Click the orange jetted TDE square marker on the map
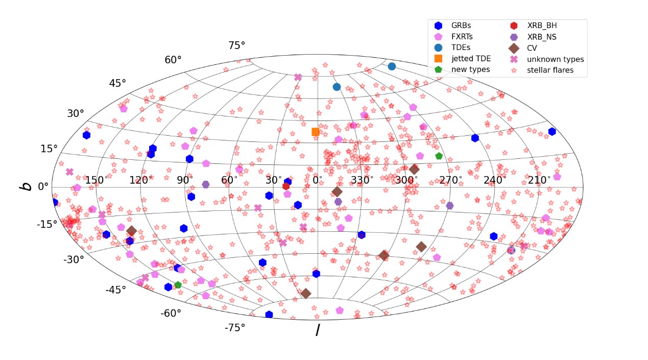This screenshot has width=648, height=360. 316,132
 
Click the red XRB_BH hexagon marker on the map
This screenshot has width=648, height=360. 286,186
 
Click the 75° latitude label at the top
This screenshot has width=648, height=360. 237,45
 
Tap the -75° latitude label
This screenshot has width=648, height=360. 235,327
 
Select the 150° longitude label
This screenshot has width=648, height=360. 97,180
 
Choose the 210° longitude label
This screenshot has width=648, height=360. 539,180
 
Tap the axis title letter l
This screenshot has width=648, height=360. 317,330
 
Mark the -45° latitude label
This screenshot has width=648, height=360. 115,290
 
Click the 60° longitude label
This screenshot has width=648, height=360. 229,180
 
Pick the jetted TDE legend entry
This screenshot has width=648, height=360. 471,59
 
